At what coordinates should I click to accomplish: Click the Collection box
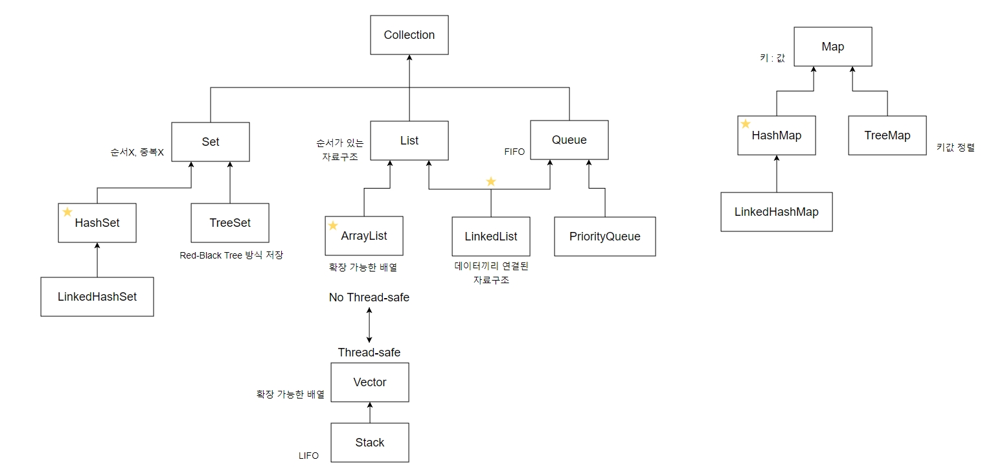point(409,35)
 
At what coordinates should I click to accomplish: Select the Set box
point(211,141)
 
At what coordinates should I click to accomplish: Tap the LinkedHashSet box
point(97,297)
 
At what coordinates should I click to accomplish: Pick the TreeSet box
point(230,223)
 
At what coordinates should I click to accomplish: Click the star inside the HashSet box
point(67,212)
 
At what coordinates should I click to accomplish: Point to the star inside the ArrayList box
point(333,226)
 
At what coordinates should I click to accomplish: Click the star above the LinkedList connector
point(491,181)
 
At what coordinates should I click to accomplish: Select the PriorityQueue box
point(605,237)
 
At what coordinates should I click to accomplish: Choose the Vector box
point(370,382)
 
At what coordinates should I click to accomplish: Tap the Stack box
point(370,443)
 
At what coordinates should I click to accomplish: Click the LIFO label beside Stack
point(308,456)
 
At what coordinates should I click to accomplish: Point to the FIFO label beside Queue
point(514,152)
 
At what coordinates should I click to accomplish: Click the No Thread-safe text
point(369,297)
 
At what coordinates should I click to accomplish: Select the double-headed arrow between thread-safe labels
point(369,325)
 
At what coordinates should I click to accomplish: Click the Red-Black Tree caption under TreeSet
point(231,255)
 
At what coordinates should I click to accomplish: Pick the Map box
point(832,47)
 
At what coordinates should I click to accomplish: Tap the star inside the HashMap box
point(746,124)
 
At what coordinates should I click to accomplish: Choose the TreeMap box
point(887,135)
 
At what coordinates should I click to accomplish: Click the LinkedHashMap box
point(777,212)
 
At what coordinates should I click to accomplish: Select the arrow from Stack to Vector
point(370,413)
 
